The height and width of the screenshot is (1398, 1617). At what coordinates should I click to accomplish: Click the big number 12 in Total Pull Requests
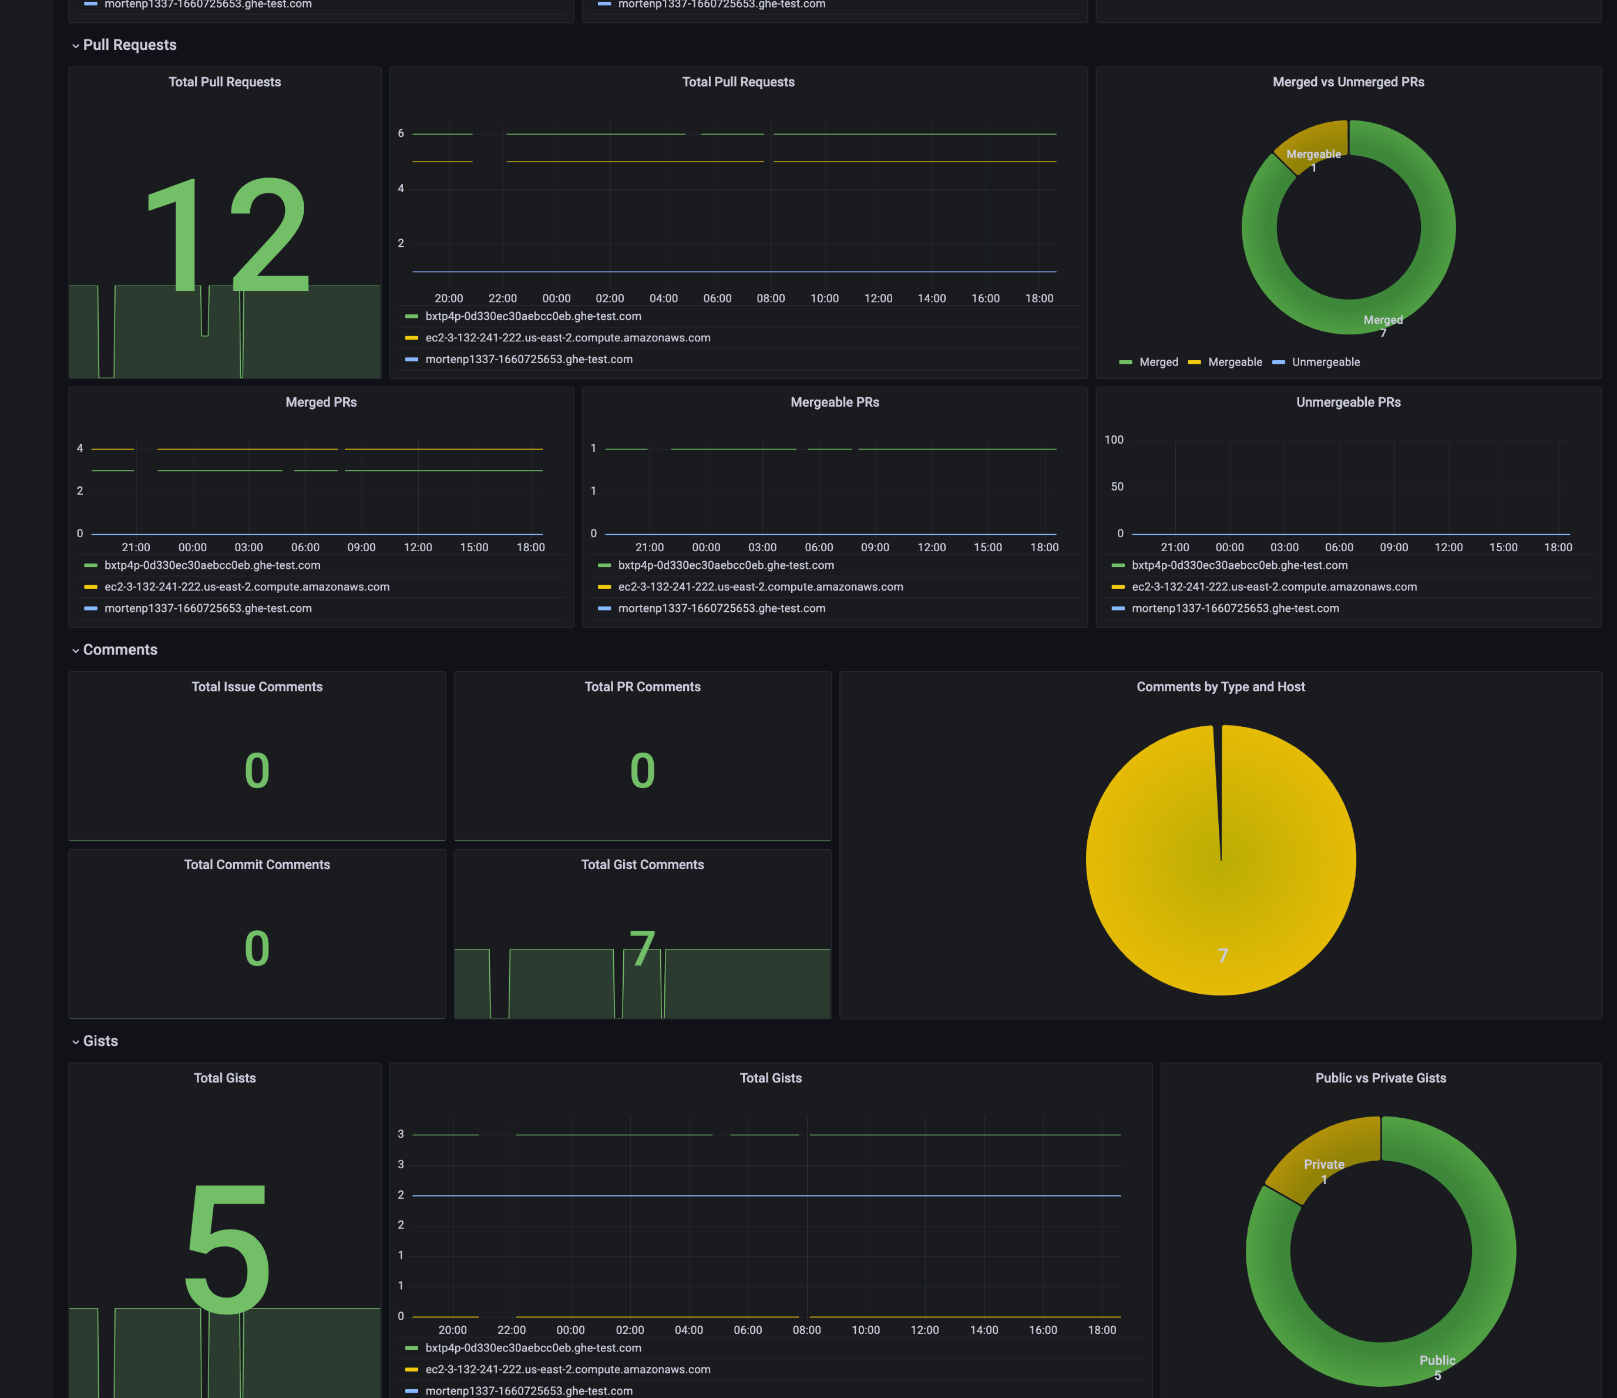(228, 234)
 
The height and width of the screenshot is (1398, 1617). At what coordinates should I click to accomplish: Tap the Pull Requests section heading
(130, 45)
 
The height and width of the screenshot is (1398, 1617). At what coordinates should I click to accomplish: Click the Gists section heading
(100, 1041)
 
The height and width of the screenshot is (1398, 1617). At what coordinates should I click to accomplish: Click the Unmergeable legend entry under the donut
(1325, 362)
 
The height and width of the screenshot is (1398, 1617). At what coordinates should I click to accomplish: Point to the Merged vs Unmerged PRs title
(1348, 82)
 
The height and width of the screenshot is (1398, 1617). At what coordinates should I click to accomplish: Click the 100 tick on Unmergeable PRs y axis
(1114, 440)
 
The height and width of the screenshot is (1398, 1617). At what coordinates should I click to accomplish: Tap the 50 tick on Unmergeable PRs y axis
(1117, 487)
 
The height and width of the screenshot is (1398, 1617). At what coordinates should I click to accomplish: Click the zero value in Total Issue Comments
(257, 770)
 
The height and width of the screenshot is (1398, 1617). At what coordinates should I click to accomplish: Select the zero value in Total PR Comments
(642, 770)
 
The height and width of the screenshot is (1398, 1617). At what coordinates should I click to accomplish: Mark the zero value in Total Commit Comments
(257, 948)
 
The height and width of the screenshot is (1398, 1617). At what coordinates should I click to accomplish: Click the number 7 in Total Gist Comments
(642, 948)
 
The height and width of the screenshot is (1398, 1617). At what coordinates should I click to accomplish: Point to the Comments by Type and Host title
(1221, 687)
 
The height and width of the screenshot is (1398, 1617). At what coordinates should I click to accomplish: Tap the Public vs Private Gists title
(1380, 1078)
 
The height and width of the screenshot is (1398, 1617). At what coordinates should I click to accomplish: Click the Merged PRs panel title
(321, 402)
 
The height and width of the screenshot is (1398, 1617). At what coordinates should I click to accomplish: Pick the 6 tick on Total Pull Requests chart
(401, 133)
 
